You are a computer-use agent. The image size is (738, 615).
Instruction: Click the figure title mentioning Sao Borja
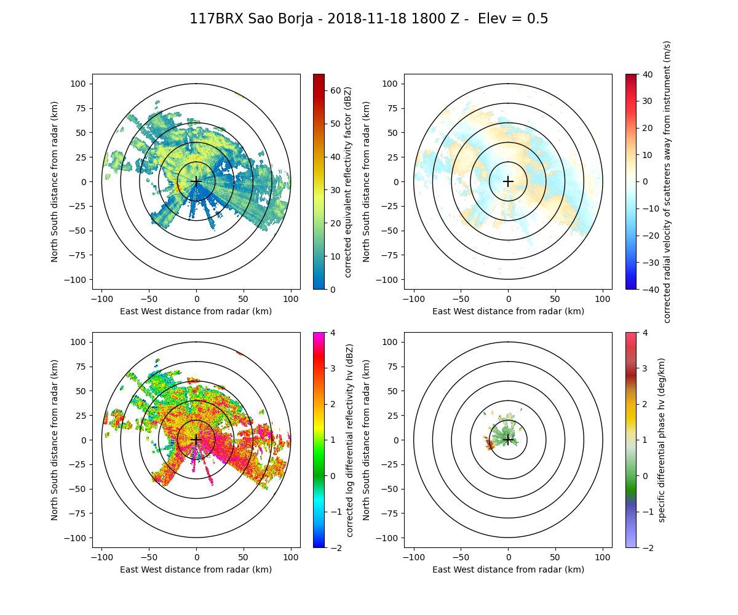pos(368,19)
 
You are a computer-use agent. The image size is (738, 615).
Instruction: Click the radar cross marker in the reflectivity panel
pos(196,181)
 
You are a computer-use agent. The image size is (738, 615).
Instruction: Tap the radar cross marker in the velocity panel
pos(508,181)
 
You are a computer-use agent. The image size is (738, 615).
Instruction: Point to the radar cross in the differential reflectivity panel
pos(196,440)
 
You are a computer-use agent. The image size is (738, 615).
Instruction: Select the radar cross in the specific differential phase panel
pos(508,440)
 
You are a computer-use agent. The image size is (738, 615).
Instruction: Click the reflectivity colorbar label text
pos(347,181)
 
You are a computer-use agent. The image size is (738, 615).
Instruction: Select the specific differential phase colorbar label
pos(662,440)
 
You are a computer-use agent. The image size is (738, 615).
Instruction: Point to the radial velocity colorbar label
pos(667,181)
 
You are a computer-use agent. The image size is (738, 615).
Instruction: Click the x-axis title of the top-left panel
pos(196,311)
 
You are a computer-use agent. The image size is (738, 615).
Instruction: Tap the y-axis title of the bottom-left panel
pos(55,440)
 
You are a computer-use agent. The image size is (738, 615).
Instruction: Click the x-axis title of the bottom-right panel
pos(508,569)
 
